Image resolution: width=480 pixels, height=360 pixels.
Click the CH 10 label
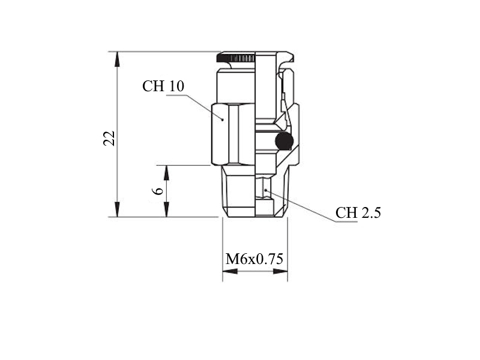163,86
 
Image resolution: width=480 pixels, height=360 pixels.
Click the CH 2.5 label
358,212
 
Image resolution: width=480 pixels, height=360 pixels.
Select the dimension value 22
109,139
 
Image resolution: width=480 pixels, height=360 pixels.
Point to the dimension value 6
158,191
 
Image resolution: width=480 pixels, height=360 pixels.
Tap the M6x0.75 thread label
254,259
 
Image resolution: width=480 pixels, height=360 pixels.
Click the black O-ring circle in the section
284,141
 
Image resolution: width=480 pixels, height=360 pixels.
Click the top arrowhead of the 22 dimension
117,59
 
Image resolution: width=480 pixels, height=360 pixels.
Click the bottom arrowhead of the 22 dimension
117,209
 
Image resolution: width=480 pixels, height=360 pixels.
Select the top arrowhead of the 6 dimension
167,173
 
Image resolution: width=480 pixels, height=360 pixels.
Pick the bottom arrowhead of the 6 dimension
167,209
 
